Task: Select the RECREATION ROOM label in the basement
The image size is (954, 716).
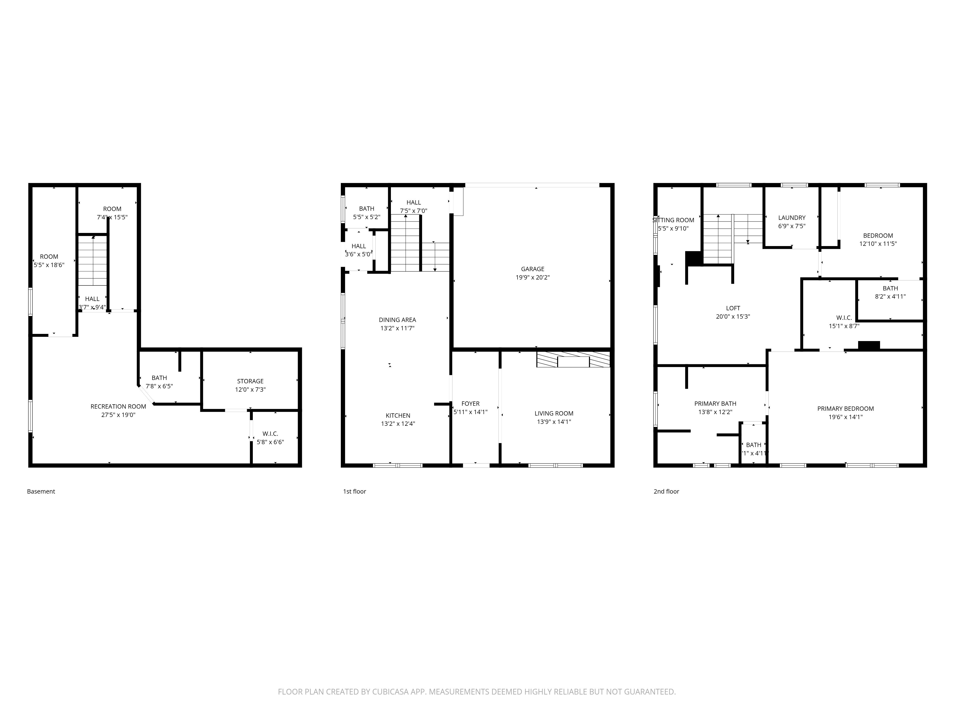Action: point(118,406)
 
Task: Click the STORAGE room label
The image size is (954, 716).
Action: point(250,381)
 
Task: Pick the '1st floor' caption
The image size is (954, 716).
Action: point(354,491)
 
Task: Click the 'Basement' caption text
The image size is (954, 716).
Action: point(41,491)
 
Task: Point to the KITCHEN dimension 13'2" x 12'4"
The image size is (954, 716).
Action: point(398,424)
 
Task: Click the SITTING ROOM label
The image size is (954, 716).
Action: point(674,220)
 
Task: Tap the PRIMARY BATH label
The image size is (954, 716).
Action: point(715,404)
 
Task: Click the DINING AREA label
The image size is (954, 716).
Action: point(397,320)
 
